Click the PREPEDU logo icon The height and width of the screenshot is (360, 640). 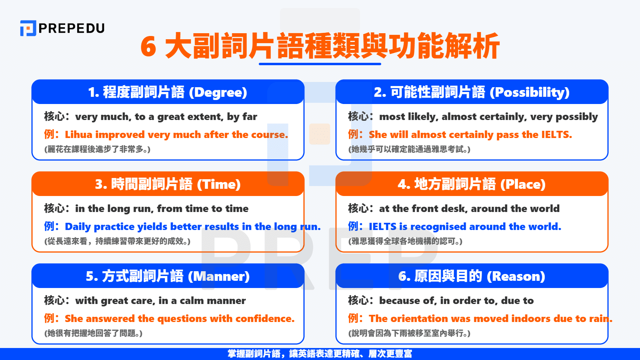(28, 28)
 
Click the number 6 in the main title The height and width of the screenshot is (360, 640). (148, 47)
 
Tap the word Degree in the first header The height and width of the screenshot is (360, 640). (218, 92)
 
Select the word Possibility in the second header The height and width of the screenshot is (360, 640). (529, 92)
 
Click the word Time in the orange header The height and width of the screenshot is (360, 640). (218, 184)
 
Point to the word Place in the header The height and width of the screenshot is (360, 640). (523, 184)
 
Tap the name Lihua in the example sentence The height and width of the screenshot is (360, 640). (79, 135)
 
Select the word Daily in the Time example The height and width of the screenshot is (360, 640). (78, 227)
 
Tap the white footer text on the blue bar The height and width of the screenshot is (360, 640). (320, 354)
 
